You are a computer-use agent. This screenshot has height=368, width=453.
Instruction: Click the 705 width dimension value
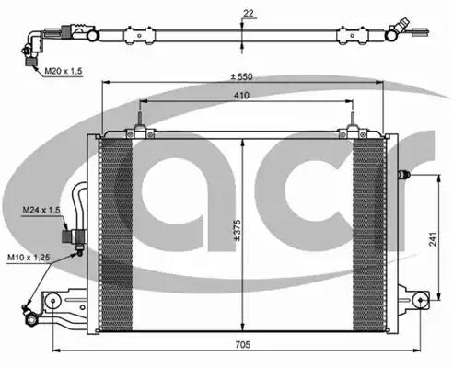243,344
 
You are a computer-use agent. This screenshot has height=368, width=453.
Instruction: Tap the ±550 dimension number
242,76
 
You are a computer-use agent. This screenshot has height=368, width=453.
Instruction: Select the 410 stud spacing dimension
241,96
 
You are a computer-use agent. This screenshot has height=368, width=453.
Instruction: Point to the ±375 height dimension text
238,230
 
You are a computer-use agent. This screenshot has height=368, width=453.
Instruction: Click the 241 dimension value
433,239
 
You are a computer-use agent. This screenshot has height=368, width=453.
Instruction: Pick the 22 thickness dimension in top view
249,13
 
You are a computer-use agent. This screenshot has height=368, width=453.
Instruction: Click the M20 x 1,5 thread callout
64,71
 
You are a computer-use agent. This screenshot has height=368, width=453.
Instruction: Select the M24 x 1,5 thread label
41,210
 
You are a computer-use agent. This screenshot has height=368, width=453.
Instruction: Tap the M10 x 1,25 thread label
29,257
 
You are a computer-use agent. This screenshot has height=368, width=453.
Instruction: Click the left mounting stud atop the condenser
140,119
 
